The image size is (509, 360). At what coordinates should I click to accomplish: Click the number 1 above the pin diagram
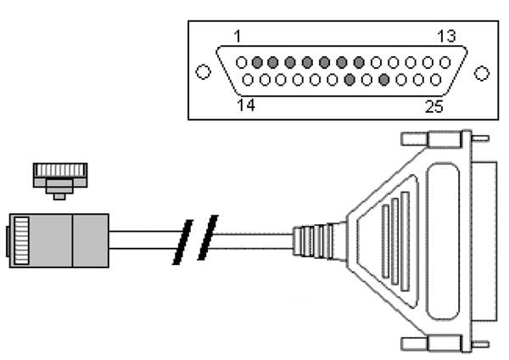click(x=238, y=37)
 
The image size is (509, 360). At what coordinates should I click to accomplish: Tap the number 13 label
click(x=446, y=37)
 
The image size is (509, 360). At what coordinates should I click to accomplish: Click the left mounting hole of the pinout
click(x=203, y=72)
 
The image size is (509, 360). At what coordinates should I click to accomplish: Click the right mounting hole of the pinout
click(x=482, y=72)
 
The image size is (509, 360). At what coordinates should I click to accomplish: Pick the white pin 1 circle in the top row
click(x=242, y=62)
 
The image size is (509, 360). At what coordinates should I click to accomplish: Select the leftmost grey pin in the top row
click(x=258, y=62)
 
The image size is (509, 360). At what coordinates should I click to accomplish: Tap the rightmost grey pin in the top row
click(x=359, y=62)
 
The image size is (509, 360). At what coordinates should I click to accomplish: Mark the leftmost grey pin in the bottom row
click(x=350, y=80)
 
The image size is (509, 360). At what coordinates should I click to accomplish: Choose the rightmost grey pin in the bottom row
click(x=383, y=80)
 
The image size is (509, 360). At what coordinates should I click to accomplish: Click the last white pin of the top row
click(x=444, y=62)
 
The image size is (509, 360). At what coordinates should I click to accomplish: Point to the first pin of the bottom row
click(x=249, y=80)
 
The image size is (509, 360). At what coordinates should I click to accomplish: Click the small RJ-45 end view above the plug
click(x=59, y=177)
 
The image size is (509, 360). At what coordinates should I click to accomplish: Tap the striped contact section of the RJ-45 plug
click(x=20, y=239)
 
